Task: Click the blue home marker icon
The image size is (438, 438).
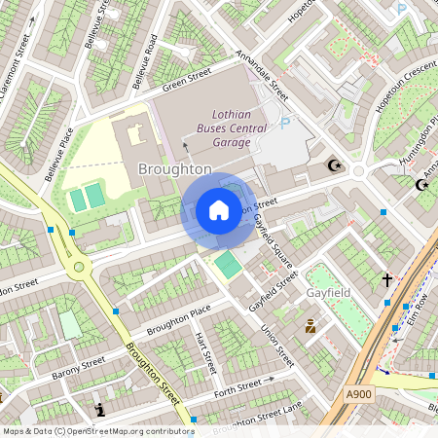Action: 219,210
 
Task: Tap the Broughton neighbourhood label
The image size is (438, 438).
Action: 176,168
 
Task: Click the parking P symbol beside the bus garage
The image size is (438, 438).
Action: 285,124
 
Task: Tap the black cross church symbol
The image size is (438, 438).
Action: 386,280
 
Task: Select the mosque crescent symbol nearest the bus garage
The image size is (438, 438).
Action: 338,165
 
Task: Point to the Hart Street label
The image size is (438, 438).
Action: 204,352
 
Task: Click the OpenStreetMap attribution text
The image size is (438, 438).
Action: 97,430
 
